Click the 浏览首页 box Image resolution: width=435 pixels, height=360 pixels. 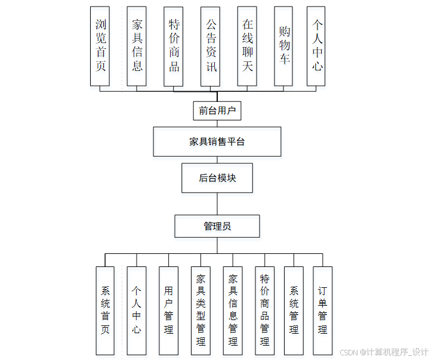(101, 46)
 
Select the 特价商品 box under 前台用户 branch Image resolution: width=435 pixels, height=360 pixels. (174, 46)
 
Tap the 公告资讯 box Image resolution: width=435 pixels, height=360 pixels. (211, 46)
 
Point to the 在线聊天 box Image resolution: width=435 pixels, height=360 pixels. (248, 46)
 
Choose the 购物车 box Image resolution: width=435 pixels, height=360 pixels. (283, 46)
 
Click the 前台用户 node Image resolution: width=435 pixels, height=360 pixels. (217, 110)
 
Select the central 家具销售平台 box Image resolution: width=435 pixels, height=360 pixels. (217, 142)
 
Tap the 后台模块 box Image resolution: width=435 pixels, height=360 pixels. (217, 178)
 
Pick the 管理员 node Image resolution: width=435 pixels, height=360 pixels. (217, 226)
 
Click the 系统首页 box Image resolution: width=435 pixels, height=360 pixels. (105, 311)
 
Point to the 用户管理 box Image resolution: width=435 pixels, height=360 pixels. (168, 311)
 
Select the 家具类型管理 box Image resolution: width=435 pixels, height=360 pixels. (200, 311)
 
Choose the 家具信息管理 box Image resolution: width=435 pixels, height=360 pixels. (233, 311)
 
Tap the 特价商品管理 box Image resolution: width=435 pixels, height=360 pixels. (265, 311)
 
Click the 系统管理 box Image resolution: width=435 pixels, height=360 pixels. (294, 311)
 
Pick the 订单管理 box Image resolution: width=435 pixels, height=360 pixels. (323, 311)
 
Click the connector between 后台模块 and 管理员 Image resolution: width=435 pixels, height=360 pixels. (217, 204)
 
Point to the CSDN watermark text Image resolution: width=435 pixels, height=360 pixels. (384, 352)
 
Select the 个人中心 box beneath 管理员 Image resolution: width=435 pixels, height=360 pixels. (137, 311)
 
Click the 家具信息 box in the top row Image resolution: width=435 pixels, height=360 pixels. (137, 46)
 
